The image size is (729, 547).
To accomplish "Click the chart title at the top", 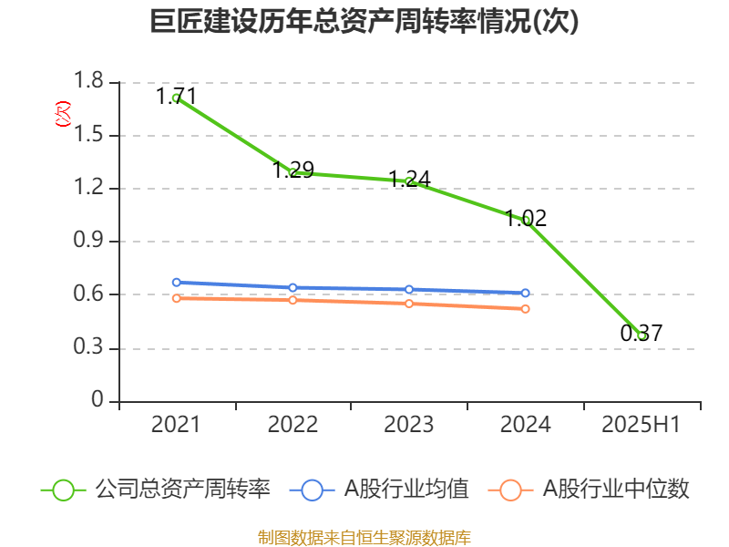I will click(364, 22).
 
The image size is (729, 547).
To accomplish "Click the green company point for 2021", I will click(176, 98).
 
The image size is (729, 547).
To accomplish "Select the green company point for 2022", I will click(293, 171).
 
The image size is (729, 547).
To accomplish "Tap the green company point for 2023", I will click(409, 181).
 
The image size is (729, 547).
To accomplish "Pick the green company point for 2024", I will click(526, 220).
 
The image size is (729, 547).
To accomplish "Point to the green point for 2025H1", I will click(642, 335).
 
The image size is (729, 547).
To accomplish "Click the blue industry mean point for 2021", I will click(176, 283).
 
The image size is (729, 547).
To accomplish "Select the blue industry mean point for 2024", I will click(526, 293).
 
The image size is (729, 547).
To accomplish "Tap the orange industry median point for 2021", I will click(176, 298).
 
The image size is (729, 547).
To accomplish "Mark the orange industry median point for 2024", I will click(526, 308).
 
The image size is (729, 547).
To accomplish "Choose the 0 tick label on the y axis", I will click(98, 401).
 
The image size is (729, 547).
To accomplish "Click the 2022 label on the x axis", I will click(293, 425).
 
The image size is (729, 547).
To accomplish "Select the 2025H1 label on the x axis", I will click(642, 425).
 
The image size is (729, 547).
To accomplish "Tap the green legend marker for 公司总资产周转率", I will click(63, 490).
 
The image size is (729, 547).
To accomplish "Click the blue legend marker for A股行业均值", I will click(312, 490).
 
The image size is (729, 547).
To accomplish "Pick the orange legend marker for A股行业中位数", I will click(511, 490).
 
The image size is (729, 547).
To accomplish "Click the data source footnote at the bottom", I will click(364, 537).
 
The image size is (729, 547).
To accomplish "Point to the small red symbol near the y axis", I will click(62, 114).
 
